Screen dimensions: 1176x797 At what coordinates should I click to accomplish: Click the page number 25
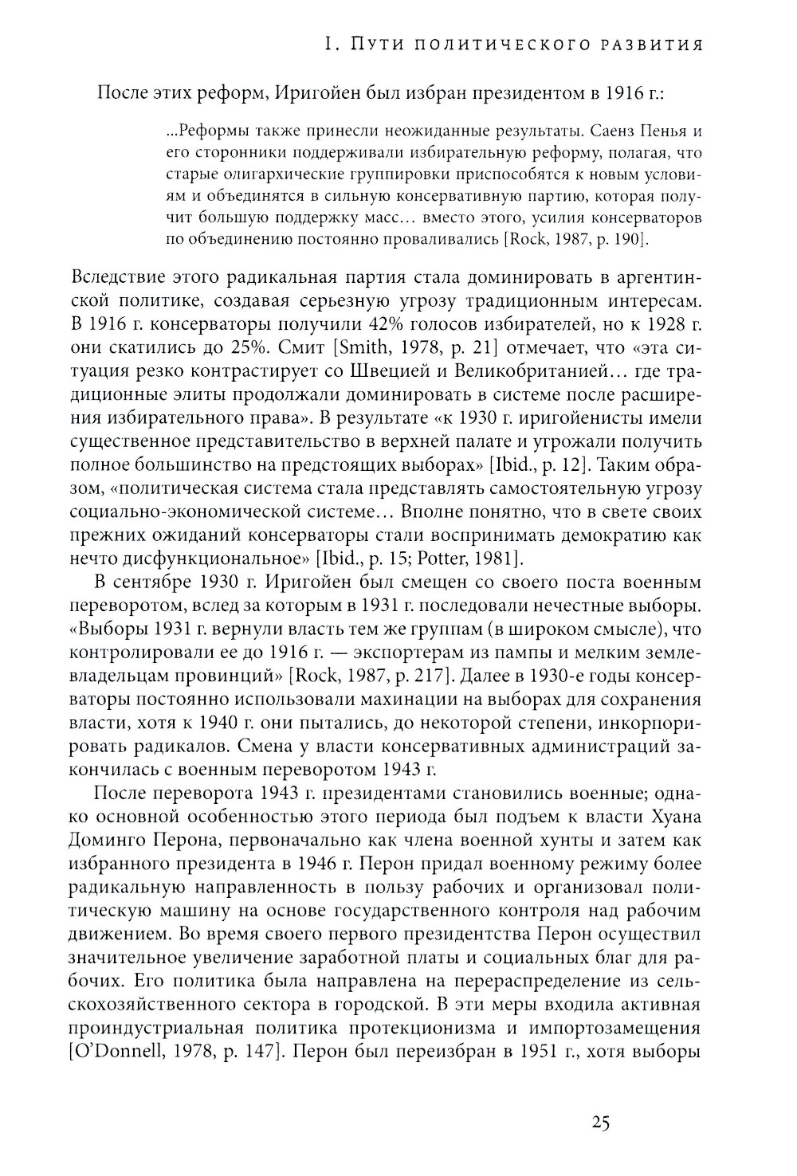click(601, 1123)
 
